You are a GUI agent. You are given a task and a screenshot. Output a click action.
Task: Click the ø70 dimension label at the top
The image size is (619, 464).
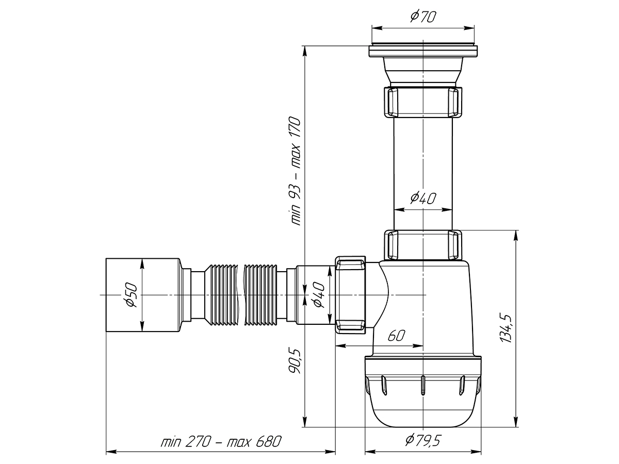(x=422, y=16)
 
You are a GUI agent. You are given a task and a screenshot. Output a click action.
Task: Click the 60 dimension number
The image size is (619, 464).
(x=396, y=335)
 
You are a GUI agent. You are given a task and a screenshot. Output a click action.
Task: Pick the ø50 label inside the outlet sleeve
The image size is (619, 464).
(x=131, y=295)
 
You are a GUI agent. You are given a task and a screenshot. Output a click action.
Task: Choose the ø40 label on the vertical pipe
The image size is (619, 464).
(x=422, y=198)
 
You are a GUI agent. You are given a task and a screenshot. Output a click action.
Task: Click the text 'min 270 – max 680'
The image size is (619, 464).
(x=221, y=441)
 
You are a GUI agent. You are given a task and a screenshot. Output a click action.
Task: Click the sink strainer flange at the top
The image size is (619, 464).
(x=423, y=51)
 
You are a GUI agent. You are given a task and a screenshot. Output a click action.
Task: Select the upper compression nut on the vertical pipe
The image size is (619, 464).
(x=423, y=102)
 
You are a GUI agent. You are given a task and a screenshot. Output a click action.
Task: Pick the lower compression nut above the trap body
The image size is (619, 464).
(x=423, y=245)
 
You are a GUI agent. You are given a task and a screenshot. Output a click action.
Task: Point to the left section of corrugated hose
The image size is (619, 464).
(x=221, y=295)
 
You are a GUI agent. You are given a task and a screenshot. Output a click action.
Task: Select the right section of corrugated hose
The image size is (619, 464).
(x=260, y=295)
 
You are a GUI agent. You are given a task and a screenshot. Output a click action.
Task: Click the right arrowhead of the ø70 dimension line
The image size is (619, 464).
(x=469, y=28)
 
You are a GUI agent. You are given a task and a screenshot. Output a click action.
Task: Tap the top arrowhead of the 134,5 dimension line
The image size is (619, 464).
(x=516, y=236)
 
